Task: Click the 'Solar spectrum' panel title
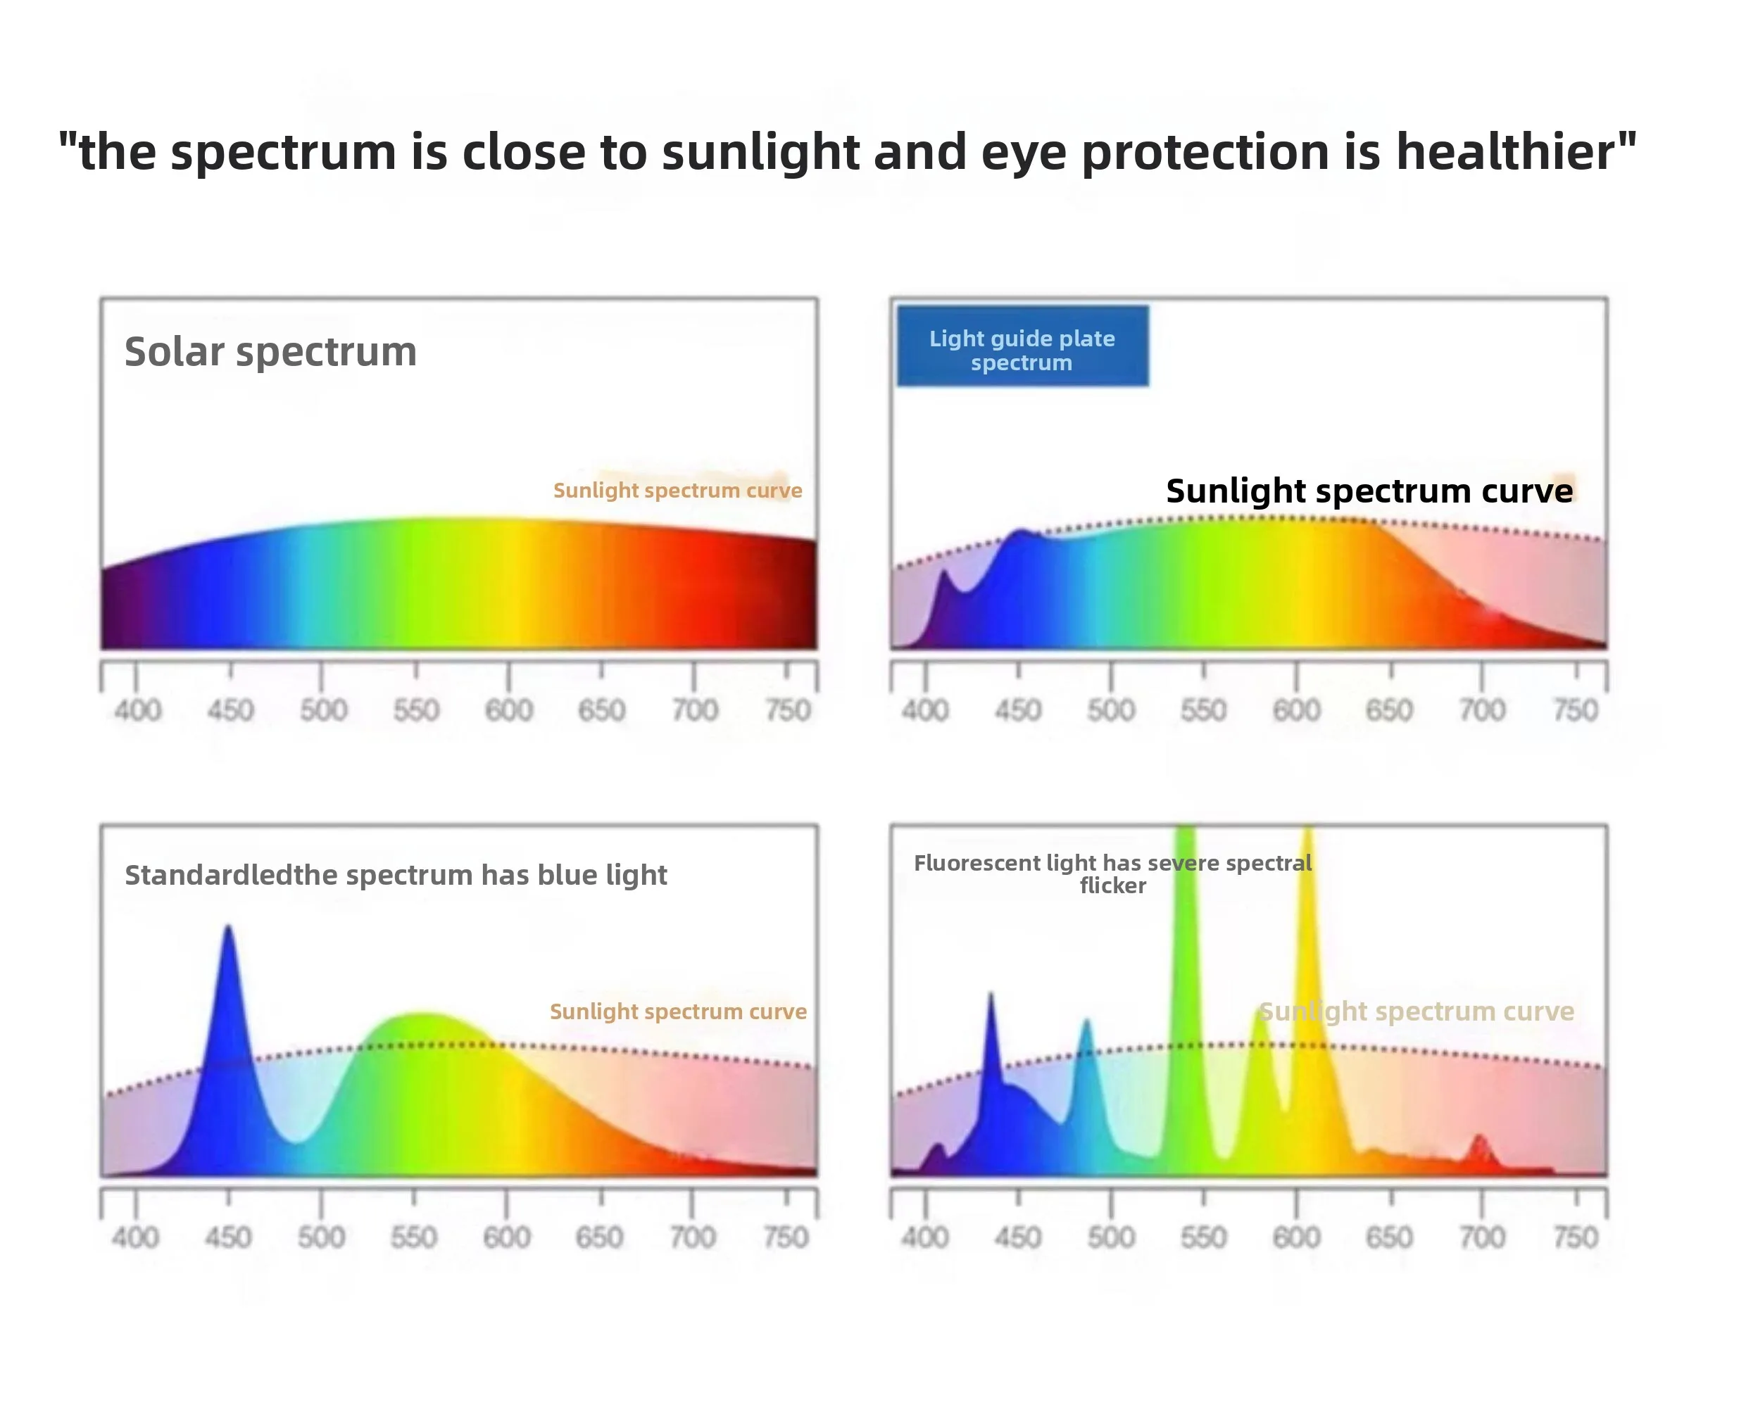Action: (270, 353)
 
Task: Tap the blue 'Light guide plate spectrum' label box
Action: (1022, 346)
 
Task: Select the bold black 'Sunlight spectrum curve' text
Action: (1369, 491)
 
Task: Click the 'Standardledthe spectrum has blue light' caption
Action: (396, 876)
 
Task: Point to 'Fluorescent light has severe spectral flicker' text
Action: (1112, 874)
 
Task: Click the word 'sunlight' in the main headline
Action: (760, 152)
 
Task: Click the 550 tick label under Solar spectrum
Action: (416, 710)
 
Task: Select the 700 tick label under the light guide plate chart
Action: (1482, 709)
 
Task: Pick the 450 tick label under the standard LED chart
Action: (228, 1237)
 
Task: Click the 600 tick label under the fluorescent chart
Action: (1296, 1237)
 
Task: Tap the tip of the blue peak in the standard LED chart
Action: (228, 926)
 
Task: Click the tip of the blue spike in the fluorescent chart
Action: (991, 994)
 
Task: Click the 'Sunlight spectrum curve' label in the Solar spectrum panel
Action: (678, 491)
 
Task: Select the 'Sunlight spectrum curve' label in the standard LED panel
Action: (678, 1012)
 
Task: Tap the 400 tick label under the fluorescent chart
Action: (925, 1237)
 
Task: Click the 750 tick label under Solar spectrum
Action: (787, 710)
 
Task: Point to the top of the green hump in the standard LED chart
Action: (422, 1014)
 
